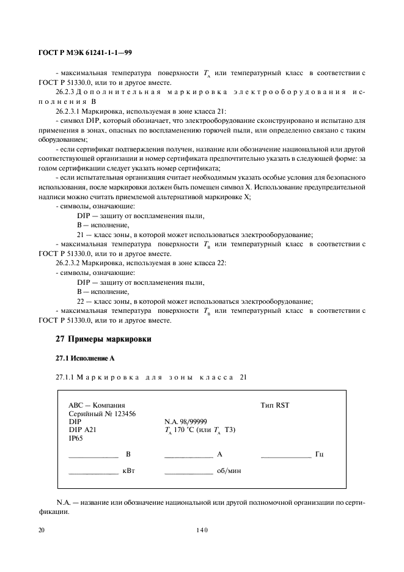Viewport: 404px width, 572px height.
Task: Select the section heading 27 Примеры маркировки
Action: (x=103, y=339)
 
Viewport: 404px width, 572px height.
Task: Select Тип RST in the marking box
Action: (x=274, y=405)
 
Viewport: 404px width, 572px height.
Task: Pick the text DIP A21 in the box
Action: (x=83, y=430)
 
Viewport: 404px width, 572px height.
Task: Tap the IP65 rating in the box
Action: (x=76, y=438)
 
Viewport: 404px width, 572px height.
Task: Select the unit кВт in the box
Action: (x=128, y=472)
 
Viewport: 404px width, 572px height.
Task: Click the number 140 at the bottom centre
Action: (x=202, y=531)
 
